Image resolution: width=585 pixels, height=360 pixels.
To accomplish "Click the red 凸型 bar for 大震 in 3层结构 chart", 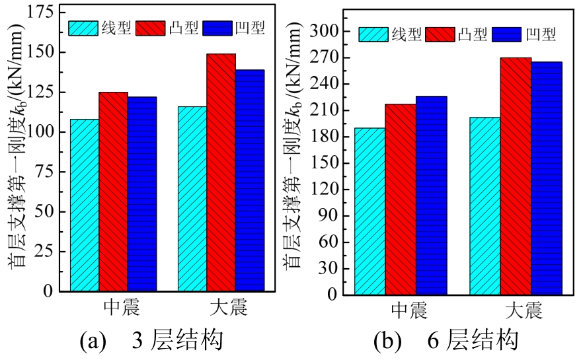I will point(221,172).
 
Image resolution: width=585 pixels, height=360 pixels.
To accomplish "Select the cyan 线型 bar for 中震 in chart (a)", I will point(85,205).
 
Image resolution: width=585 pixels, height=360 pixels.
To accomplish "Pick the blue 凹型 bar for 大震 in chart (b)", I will point(547,178).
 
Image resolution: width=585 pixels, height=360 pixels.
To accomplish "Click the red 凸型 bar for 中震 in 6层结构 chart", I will point(401,199).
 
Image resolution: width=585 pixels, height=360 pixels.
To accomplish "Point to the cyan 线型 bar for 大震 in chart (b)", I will point(485,206).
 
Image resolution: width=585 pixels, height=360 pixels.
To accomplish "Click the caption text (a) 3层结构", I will point(151,341).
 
